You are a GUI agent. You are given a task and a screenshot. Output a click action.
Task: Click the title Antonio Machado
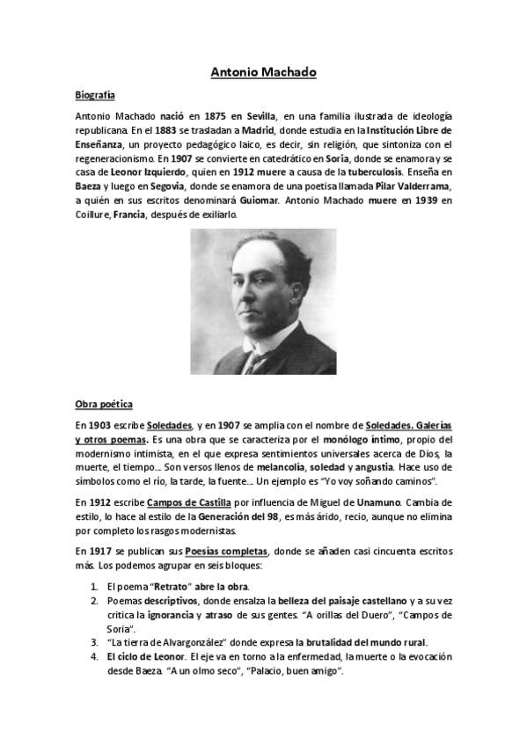pyautogui.click(x=263, y=72)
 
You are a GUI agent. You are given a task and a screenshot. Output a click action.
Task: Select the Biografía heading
pyautogui.click(x=96, y=94)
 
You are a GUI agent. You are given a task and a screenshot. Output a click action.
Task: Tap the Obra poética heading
pyautogui.click(x=104, y=405)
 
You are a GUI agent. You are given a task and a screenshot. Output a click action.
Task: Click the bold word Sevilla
pyautogui.click(x=261, y=117)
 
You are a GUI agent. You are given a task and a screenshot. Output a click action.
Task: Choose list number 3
pyautogui.click(x=94, y=642)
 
